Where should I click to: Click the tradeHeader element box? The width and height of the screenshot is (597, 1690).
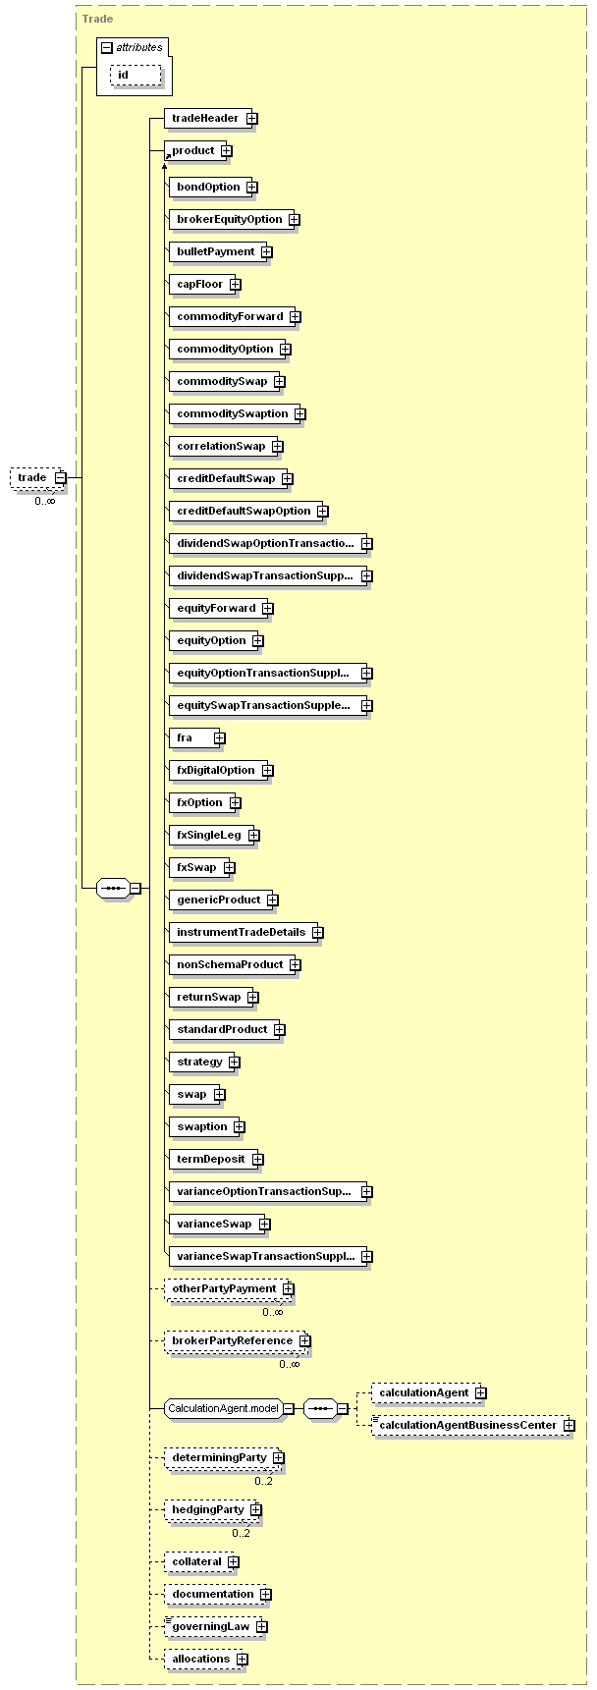pyautogui.click(x=205, y=119)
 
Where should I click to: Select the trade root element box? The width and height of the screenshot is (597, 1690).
pyautogui.click(x=32, y=478)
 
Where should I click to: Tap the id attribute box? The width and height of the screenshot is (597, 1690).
pyautogui.click(x=136, y=76)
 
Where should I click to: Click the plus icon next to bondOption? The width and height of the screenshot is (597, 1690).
pyautogui.click(x=252, y=187)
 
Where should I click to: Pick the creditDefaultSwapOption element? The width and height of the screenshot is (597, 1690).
pyautogui.click(x=243, y=511)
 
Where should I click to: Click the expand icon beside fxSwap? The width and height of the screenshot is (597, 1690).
pyautogui.click(x=229, y=867)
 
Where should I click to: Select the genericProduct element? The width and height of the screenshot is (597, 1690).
pyautogui.click(x=218, y=900)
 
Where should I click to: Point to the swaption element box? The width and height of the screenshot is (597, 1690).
pyautogui.click(x=201, y=1126)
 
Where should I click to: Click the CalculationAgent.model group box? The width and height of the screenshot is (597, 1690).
pyautogui.click(x=224, y=1408)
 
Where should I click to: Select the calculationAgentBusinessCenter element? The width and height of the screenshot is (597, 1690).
pyautogui.click(x=467, y=1425)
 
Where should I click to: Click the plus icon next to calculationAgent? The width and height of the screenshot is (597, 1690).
pyautogui.click(x=481, y=1392)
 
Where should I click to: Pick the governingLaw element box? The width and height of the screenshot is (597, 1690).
pyautogui.click(x=210, y=1626)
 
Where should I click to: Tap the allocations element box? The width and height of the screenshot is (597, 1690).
pyautogui.click(x=200, y=1659)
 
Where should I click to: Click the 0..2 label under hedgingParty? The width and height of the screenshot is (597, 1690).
pyautogui.click(x=241, y=1533)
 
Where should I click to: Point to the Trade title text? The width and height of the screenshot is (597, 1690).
pyautogui.click(x=97, y=19)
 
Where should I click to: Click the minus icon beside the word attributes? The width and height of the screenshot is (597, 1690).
pyautogui.click(x=107, y=47)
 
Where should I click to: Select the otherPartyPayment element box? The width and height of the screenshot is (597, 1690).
pyautogui.click(x=225, y=1288)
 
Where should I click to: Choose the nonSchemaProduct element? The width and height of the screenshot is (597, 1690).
pyautogui.click(x=230, y=964)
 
